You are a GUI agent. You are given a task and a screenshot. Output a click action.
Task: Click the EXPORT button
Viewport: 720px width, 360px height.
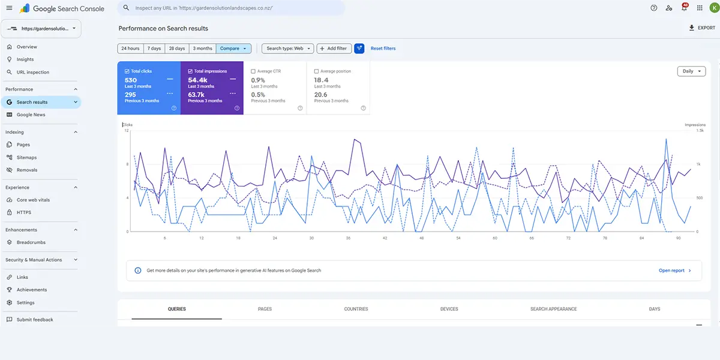702,28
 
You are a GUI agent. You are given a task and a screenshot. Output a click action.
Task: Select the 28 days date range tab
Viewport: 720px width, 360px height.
177,49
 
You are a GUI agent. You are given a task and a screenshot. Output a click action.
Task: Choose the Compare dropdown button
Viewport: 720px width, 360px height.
233,49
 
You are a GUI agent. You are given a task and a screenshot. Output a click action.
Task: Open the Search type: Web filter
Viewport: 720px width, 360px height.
287,49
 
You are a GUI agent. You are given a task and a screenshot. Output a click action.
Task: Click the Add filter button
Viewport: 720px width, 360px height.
334,49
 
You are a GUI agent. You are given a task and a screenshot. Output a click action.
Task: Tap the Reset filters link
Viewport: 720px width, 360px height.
383,49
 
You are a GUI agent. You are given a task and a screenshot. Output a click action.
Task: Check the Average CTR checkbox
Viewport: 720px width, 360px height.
253,71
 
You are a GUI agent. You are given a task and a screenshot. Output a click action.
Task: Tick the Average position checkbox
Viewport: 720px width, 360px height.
316,71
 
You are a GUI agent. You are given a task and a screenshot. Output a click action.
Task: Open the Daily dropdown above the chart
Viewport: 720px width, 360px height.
691,71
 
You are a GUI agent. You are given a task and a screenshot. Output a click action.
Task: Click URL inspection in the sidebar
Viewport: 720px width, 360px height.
33,73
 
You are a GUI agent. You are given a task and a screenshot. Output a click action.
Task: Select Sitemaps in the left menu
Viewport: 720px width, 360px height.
26,157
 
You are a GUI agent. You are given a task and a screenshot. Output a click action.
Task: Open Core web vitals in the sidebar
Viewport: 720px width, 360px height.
33,200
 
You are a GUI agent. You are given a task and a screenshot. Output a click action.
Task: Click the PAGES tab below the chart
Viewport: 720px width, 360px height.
265,309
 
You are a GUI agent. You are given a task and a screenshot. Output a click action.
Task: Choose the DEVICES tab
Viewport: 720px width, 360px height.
449,309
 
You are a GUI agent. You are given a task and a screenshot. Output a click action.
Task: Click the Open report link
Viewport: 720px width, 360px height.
674,271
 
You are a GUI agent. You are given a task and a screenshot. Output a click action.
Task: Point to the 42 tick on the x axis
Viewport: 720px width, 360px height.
385,238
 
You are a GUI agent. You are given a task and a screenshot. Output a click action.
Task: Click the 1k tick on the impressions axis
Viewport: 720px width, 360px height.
698,164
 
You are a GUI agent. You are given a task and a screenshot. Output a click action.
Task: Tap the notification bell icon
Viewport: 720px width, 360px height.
684,8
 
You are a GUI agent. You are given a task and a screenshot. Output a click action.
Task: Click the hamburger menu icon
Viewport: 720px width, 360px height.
10,8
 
